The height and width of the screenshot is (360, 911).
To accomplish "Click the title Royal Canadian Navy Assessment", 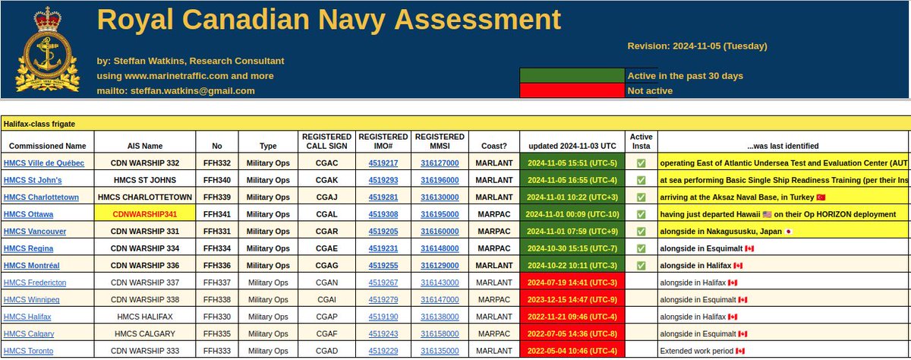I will tap(329, 21).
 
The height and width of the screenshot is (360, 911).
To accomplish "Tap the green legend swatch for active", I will tap(572, 75).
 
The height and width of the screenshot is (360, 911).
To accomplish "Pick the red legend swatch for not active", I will tap(572, 91).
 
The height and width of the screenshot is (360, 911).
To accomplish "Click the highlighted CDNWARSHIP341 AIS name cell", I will tap(143, 214).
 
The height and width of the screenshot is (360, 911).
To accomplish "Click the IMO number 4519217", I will tap(383, 163).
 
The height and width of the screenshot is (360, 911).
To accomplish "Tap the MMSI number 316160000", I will tap(440, 231).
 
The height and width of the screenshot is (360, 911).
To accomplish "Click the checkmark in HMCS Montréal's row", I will tap(641, 265).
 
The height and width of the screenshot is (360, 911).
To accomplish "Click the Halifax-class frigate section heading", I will tap(39, 123).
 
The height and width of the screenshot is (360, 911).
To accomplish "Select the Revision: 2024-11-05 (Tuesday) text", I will tap(697, 46).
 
